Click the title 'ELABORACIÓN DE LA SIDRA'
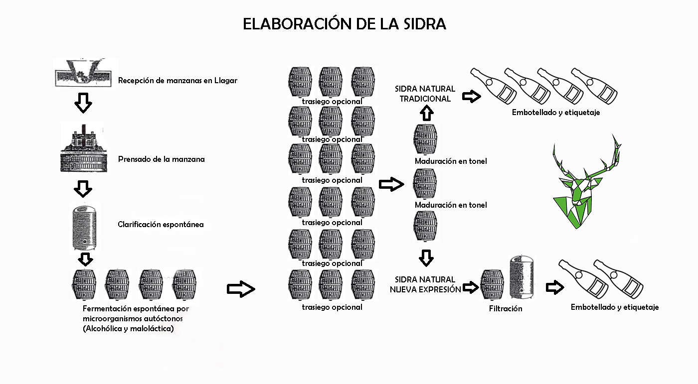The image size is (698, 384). [344, 24]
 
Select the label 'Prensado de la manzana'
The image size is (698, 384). [162, 159]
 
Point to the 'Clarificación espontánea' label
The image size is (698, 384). [161, 225]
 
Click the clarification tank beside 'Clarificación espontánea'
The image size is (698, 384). [83, 227]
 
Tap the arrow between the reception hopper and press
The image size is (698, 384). [83, 102]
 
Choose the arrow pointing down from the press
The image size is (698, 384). [83, 188]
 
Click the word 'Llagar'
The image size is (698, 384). [226, 80]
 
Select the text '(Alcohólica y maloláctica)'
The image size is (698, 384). [128, 328]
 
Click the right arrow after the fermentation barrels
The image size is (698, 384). [241, 289]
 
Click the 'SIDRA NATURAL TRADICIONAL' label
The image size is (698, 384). [425, 94]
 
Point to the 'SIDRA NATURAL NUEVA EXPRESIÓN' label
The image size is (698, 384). [425, 284]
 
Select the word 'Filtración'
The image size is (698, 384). [506, 309]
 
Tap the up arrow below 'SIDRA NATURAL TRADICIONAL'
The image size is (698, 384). [425, 113]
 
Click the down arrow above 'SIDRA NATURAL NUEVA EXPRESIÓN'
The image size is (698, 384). [425, 257]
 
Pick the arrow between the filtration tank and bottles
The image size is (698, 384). [554, 287]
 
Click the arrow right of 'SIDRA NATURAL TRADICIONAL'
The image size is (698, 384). [471, 96]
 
